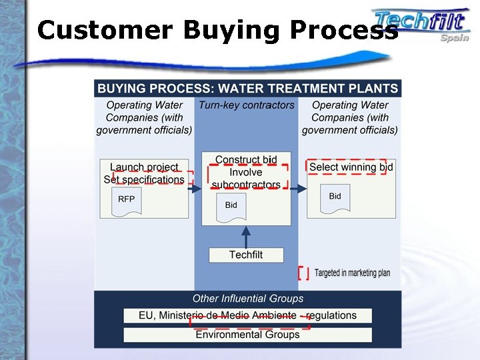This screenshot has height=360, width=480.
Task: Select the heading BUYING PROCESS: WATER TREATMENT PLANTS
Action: click(x=247, y=88)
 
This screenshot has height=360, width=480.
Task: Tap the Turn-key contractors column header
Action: click(x=246, y=105)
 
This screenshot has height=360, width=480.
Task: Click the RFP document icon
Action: click(x=126, y=200)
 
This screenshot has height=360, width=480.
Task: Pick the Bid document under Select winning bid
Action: click(x=335, y=197)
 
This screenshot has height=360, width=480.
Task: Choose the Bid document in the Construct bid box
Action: click(x=231, y=206)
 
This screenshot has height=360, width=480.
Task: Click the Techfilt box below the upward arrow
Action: click(x=246, y=255)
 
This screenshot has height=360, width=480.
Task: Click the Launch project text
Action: click(x=144, y=167)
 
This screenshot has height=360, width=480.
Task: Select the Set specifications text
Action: click(x=144, y=179)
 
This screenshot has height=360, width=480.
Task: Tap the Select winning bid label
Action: click(x=351, y=167)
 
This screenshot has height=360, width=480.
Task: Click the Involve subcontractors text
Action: click(x=246, y=179)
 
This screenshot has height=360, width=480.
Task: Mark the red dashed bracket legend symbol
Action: click(x=303, y=273)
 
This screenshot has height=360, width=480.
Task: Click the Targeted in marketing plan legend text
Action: click(x=352, y=273)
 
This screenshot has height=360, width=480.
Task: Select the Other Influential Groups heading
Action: click(x=247, y=299)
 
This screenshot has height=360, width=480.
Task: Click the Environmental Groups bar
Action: click(x=247, y=335)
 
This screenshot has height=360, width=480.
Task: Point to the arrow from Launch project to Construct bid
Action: click(x=195, y=189)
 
